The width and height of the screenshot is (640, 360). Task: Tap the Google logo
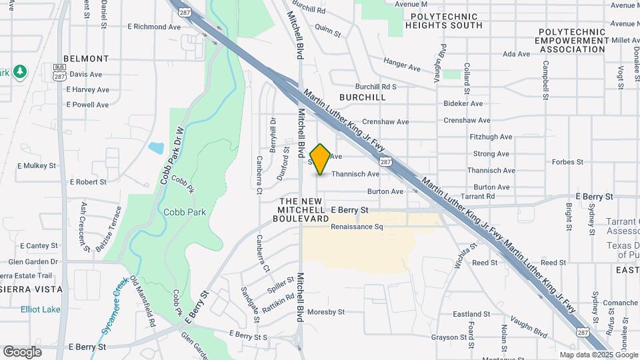(22, 351)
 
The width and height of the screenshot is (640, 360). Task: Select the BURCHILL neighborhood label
(362, 97)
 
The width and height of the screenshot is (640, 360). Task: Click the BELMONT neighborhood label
(86, 59)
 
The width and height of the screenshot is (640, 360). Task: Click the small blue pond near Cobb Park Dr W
(156, 148)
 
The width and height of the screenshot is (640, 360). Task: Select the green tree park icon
(21, 71)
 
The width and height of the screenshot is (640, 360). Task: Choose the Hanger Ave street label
(402, 64)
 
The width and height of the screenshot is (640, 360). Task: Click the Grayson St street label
(447, 337)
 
